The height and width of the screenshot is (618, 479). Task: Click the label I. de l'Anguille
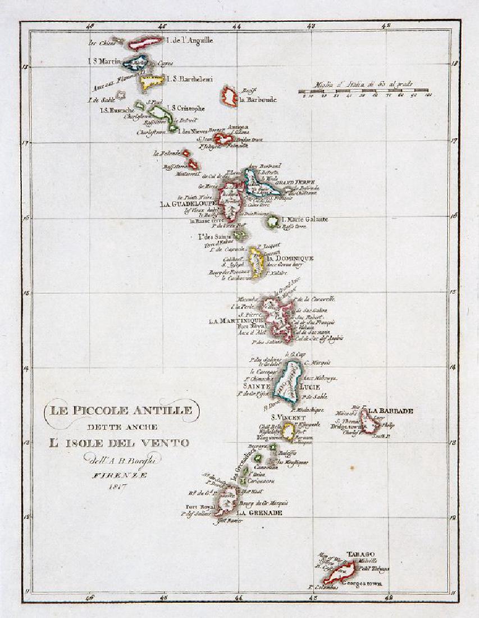190,40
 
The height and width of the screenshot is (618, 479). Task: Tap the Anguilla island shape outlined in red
145,43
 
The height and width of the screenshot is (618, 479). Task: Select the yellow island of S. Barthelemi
152,82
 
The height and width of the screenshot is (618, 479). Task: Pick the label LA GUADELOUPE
188,203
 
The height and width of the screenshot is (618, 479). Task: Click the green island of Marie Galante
273,221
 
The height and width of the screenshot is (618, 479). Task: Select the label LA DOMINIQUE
290,258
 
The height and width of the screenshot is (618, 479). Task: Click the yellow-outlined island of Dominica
257,262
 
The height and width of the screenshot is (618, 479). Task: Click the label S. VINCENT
288,417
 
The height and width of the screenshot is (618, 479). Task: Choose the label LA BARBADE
391,411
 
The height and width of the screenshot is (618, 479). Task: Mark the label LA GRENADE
258,512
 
